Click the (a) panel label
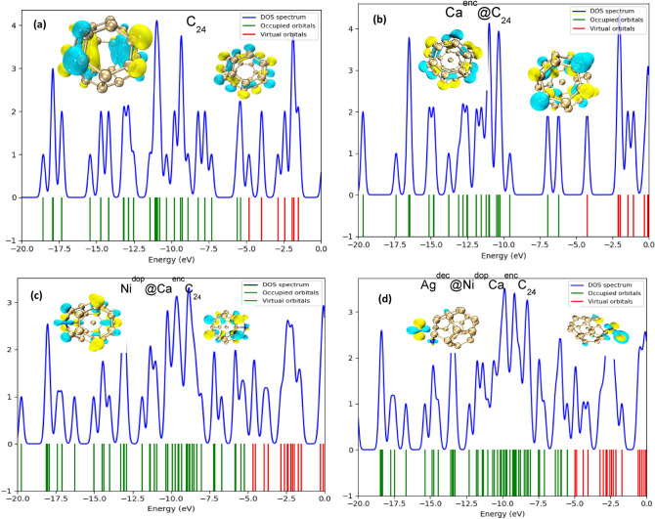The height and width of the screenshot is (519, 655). (43, 19)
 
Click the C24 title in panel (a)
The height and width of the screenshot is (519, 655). (198, 22)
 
